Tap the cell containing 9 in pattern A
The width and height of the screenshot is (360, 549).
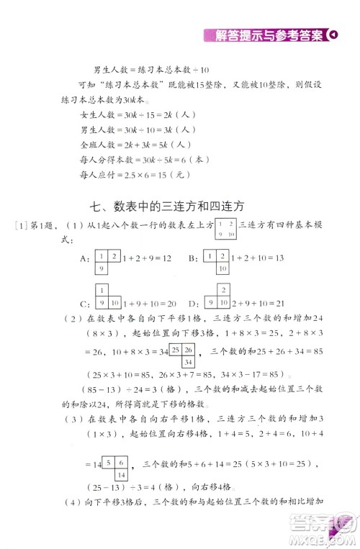tap(102, 268)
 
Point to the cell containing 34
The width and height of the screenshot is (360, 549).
tap(186, 362)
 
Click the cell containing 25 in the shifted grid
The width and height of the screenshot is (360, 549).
tap(176, 350)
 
